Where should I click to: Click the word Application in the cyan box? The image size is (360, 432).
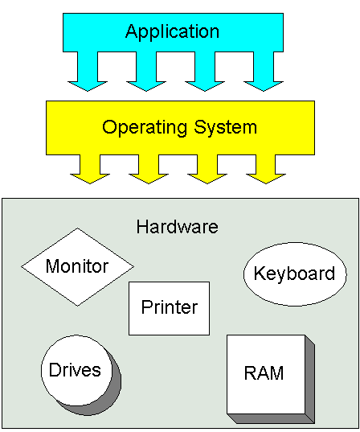tap(172, 32)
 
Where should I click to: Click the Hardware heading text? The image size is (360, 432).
tap(177, 227)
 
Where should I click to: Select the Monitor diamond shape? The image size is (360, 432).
tap(77, 266)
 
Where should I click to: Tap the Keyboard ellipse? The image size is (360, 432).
tap(294, 274)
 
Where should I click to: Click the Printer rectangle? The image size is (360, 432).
tap(169, 307)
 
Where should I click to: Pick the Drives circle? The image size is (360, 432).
tap(75, 370)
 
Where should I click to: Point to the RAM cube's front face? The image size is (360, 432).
tap(265, 374)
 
